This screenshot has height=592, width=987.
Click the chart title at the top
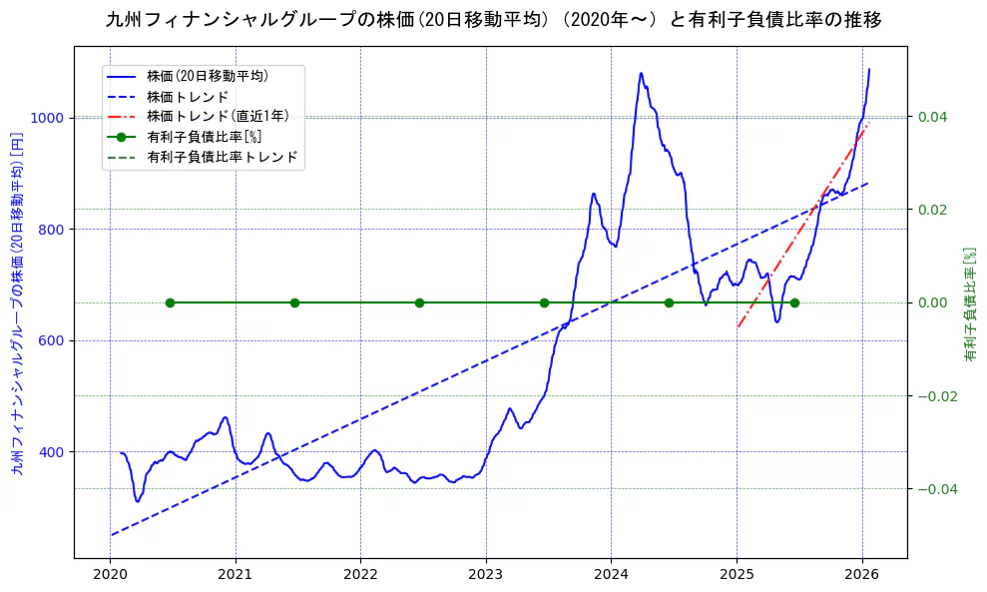493,20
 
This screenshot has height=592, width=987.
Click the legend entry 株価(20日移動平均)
208,75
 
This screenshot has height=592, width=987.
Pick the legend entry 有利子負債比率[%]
204,137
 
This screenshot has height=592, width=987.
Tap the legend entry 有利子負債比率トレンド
222,158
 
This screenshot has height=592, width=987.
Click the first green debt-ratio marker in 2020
170,302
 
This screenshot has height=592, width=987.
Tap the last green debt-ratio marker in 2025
794,302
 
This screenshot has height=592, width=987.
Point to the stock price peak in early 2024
641,73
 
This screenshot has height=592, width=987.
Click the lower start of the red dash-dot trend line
738,326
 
